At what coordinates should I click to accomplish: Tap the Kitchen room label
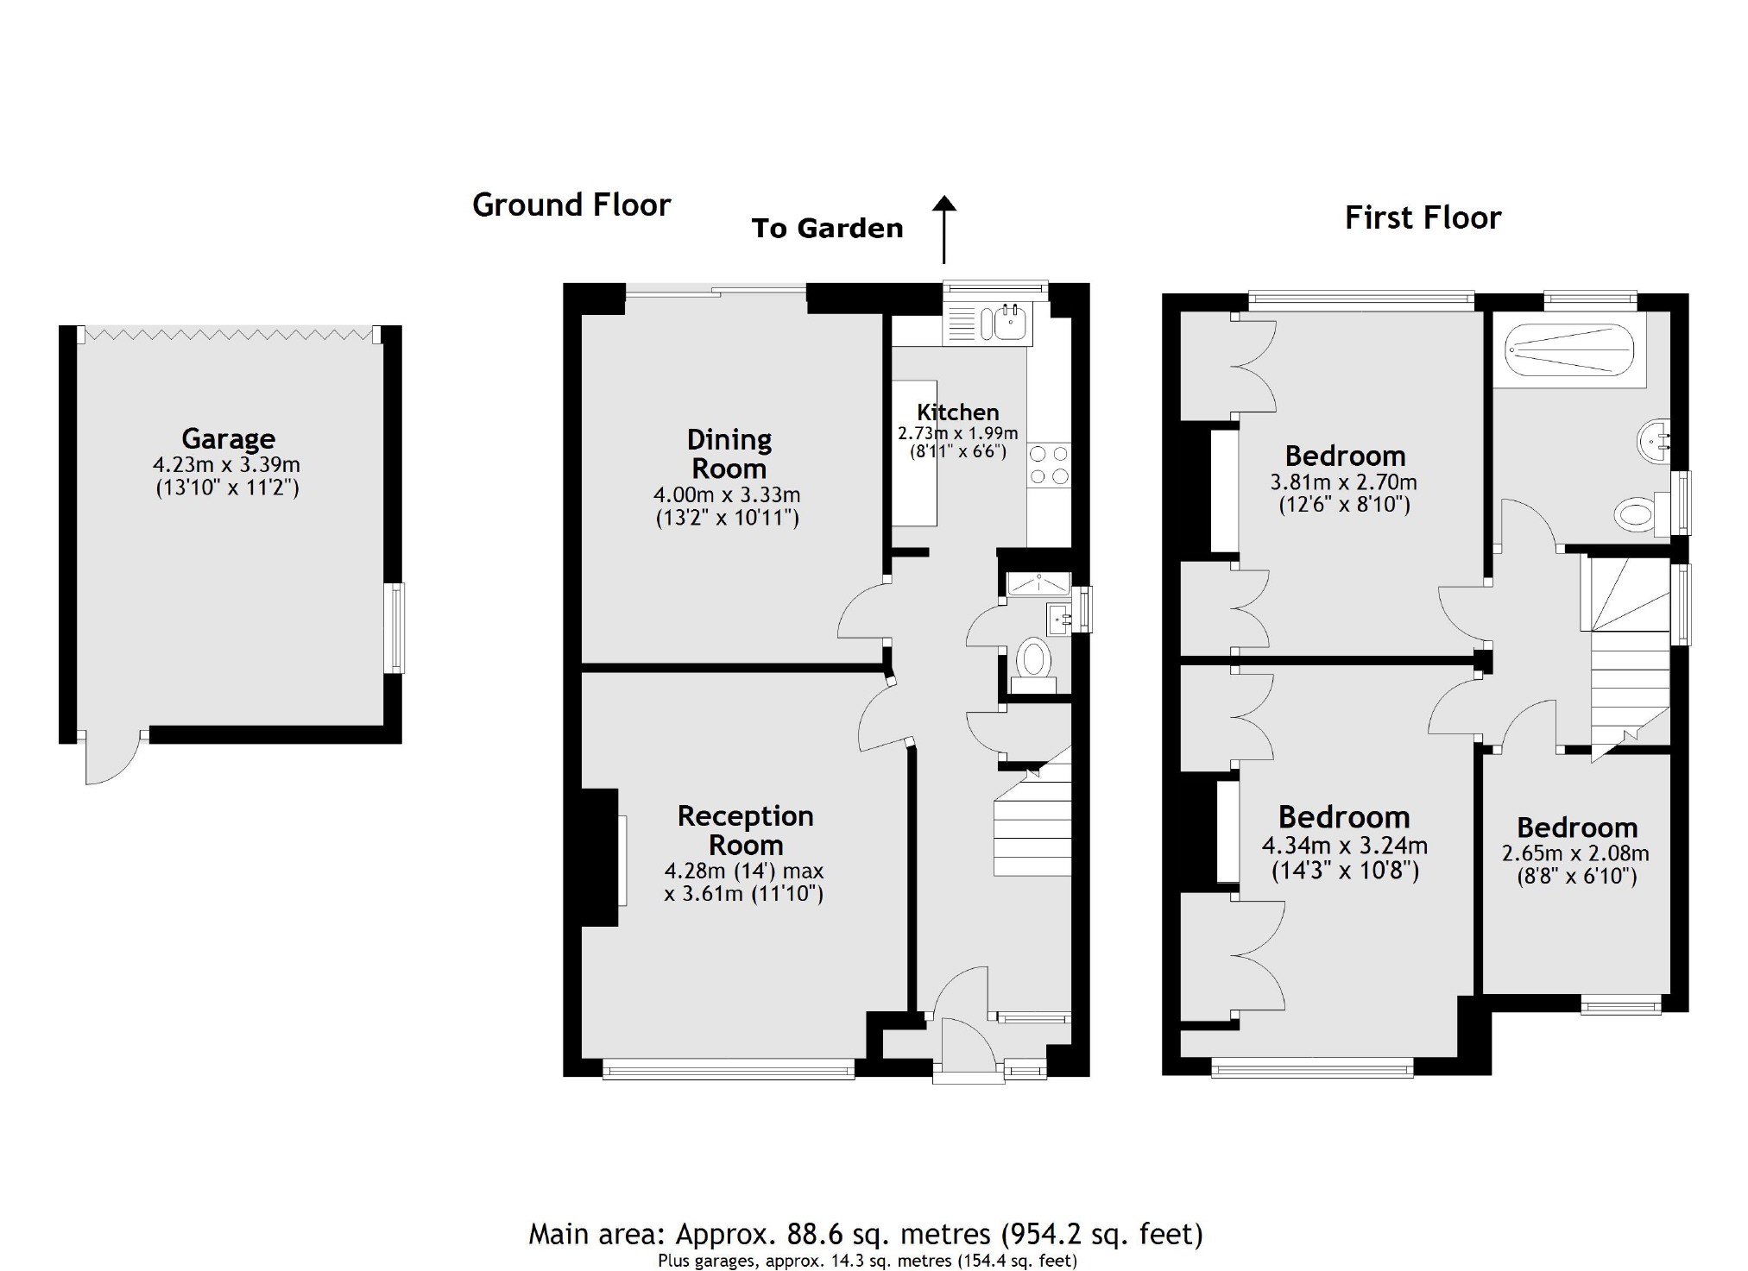pos(957,412)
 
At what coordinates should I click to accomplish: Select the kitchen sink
pos(1007,324)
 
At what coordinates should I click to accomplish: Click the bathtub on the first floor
pos(1569,349)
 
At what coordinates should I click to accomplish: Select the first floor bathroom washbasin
pos(1653,442)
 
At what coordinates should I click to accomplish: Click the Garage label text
pos(228,438)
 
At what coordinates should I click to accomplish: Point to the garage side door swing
pos(110,759)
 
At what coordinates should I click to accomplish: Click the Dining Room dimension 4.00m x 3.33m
pos(727,495)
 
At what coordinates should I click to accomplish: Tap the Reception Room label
pos(745,830)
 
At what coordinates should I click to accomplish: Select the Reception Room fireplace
pos(601,858)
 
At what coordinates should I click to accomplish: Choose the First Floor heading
pos(1423,217)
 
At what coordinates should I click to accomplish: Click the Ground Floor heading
pos(571,205)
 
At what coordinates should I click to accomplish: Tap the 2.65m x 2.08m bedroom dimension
pos(1575,854)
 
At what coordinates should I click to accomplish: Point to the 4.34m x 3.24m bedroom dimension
pos(1344,846)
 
